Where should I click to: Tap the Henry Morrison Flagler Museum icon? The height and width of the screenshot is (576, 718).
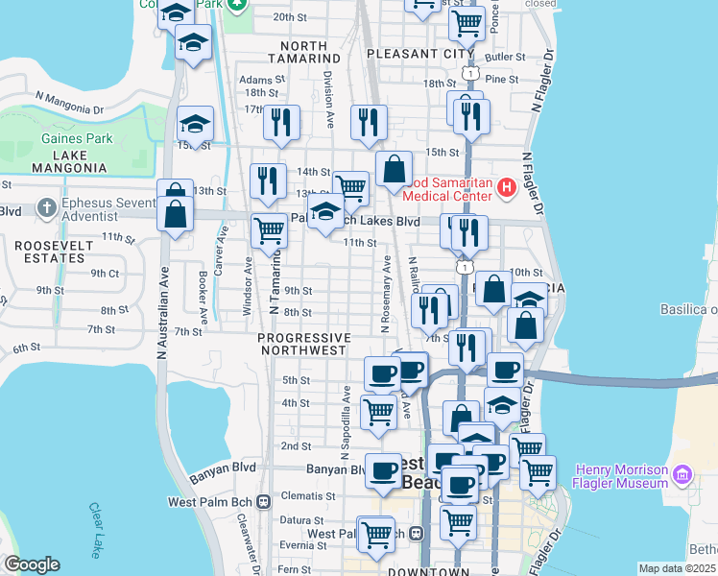point(682,473)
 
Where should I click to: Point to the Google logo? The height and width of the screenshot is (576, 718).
point(32,564)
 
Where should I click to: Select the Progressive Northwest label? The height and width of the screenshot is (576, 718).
point(303,344)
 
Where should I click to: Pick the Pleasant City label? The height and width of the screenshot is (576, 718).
point(419,54)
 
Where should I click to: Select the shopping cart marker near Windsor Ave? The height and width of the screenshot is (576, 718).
point(270,230)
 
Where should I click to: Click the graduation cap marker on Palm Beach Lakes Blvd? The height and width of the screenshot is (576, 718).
point(326,211)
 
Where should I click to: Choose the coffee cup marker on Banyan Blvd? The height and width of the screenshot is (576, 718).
point(383,471)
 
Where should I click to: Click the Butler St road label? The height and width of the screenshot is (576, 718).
point(507,58)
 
